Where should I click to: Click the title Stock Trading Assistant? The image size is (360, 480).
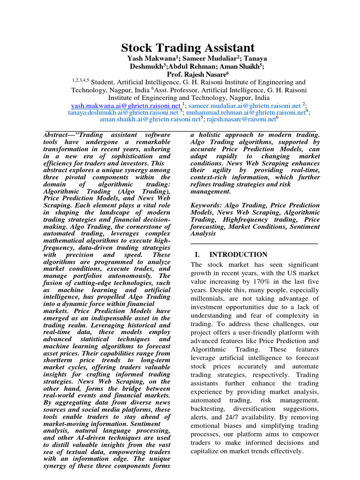point(188,48)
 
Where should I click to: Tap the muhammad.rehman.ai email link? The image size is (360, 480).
point(245,112)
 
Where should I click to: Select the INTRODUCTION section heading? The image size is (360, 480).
point(238,255)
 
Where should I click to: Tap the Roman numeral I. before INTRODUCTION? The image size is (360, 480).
point(197,255)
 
